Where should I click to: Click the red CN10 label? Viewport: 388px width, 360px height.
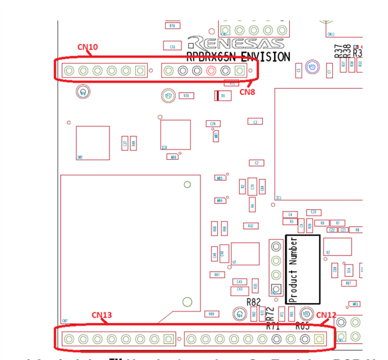88,47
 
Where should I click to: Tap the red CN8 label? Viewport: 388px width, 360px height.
248,91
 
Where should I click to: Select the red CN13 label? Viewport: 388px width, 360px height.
102,315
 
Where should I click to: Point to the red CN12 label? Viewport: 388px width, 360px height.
326,315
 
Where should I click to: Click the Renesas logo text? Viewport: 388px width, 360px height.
235,43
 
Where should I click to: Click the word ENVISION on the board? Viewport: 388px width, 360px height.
265,57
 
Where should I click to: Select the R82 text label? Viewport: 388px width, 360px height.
253,302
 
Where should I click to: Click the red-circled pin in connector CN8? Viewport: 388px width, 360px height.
211,71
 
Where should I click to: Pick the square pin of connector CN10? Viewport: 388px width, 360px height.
140,71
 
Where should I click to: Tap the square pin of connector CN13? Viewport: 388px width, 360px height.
168,339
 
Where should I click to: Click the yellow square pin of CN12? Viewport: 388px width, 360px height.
319,339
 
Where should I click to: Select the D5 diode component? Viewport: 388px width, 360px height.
219,96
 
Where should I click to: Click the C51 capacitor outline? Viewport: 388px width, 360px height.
172,46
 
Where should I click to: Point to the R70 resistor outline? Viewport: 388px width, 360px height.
185,96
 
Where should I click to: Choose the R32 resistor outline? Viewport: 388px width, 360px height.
250,226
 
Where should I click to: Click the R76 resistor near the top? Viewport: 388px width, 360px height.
171,26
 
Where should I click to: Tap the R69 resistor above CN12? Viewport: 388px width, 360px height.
212,314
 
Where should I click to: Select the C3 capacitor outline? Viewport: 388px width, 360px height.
254,121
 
